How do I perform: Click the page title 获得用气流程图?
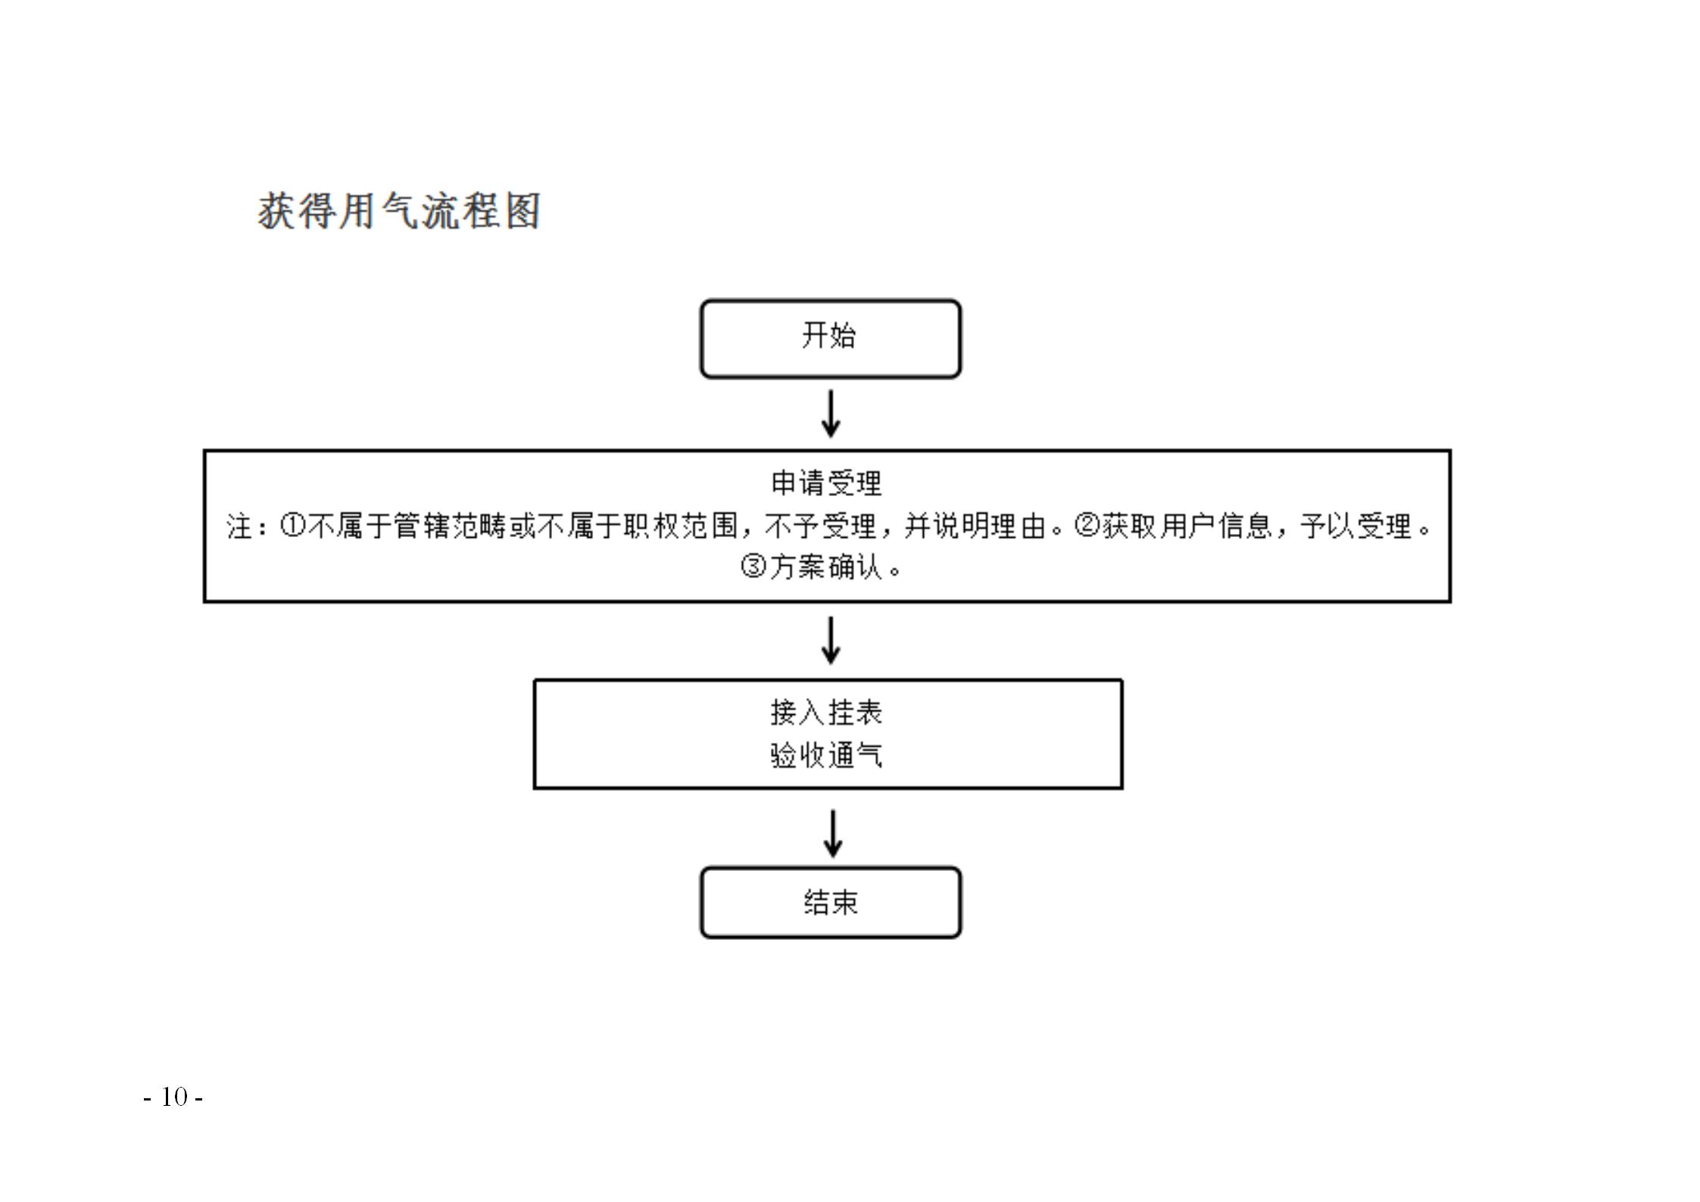tap(399, 211)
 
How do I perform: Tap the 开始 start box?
tap(830, 339)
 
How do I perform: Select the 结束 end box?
tap(830, 902)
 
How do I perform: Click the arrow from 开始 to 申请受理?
tap(831, 414)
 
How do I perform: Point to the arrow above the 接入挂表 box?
tap(831, 640)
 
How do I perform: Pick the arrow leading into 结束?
tap(833, 833)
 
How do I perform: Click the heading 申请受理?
tap(826, 483)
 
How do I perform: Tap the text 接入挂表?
tap(826, 712)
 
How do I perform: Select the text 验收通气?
tap(826, 755)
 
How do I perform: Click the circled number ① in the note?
tap(292, 525)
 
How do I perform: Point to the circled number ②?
tap(1087, 525)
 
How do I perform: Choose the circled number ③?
tap(753, 566)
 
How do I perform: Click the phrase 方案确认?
tap(826, 567)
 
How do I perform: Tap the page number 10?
tap(173, 1097)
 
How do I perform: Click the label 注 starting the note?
tap(239, 526)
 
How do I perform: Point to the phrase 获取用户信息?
tap(1187, 526)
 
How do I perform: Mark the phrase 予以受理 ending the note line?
tap(1356, 526)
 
